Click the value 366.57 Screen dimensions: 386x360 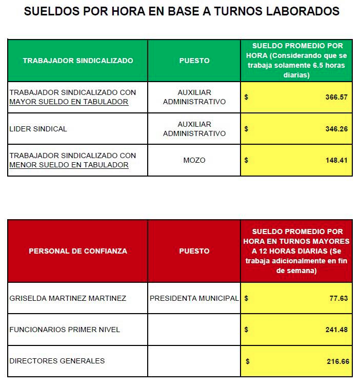point(336,97)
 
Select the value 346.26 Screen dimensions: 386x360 point(336,129)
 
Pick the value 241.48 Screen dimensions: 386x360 point(337,330)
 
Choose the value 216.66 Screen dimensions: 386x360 point(337,361)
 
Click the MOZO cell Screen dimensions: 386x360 point(194,160)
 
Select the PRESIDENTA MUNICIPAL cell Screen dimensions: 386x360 point(194,298)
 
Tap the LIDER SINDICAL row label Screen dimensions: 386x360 point(38,129)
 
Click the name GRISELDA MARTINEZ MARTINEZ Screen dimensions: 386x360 point(68,298)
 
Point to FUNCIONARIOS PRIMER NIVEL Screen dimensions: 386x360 point(65,330)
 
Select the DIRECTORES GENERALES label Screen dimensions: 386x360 point(57,361)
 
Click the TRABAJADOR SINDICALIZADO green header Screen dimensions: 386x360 point(78,61)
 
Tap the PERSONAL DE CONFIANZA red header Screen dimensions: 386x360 point(78,251)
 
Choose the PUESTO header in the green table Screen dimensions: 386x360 point(194,61)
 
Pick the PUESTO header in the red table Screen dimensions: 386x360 point(194,251)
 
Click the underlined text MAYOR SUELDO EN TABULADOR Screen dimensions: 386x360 point(69,102)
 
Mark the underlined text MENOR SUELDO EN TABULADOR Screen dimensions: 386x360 point(69,165)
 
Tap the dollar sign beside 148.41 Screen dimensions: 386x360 point(247,160)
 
